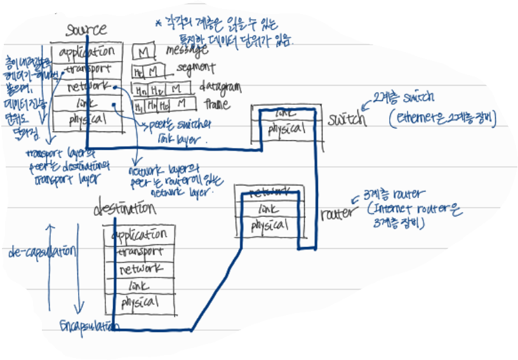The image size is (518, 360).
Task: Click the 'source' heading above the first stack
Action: point(86,30)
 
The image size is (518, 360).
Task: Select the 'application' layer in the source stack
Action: point(86,51)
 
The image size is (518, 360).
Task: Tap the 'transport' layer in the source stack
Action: point(86,69)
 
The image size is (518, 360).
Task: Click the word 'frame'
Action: point(216,103)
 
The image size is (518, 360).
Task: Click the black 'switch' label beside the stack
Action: point(347,119)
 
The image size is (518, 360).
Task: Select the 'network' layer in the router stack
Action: point(269,191)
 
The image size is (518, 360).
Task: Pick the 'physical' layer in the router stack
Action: point(269,225)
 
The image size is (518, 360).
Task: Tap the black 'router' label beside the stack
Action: point(336,214)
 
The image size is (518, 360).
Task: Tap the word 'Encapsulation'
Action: point(89,326)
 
